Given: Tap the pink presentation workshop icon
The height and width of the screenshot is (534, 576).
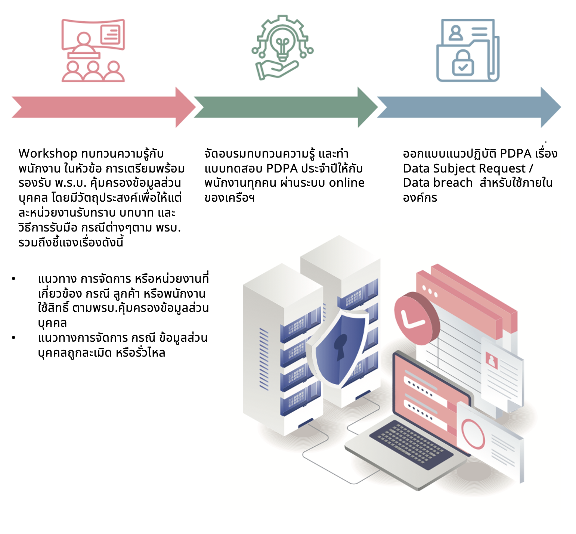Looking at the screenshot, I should tap(93, 50).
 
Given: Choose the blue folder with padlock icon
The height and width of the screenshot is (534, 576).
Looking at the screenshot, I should tap(468, 50).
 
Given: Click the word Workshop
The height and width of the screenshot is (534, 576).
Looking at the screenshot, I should tap(48, 153).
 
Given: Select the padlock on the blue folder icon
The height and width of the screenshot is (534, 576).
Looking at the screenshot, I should tap(463, 63).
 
